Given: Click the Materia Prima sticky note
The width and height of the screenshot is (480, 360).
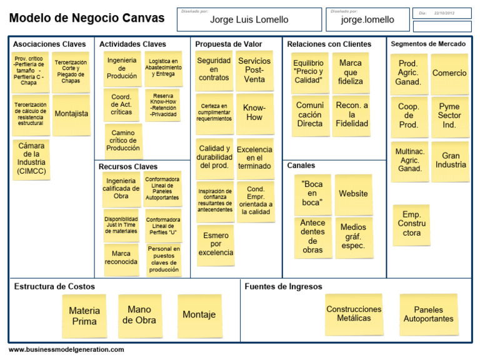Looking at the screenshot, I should coord(84,316).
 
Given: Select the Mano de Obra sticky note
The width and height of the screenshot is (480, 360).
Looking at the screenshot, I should coord(139,314).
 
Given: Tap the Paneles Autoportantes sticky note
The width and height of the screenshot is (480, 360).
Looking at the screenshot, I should coord(428,314).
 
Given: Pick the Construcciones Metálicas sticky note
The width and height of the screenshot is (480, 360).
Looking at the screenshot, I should coord(354,314).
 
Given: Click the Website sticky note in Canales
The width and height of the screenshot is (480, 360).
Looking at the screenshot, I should coord(353,194).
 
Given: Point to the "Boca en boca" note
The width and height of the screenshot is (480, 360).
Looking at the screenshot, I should coord(312,194).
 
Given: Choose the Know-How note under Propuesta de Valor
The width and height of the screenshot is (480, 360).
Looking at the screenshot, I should coord(254,112).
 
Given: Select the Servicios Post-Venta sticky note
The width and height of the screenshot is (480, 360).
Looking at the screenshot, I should coord(254,70).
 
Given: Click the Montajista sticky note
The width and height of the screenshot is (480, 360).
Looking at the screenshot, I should coord(71,114).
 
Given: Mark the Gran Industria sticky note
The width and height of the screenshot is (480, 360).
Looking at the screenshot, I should coord(450,161).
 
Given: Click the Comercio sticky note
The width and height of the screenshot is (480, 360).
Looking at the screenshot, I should coord(449,73).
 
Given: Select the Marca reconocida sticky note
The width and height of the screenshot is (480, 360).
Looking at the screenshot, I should coord(121,258).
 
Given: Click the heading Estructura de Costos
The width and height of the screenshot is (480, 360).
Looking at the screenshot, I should coord(54,287).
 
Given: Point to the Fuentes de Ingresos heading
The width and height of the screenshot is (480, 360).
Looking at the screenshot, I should coord(283,287).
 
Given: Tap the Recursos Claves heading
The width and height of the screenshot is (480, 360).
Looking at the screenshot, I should coord(128,167).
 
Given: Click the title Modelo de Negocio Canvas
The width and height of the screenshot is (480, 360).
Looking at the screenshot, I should coord(87,19).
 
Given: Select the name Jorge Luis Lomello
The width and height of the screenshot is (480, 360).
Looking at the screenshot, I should coord(249,20).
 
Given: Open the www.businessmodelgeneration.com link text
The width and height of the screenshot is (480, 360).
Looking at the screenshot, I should coord(66,350).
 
